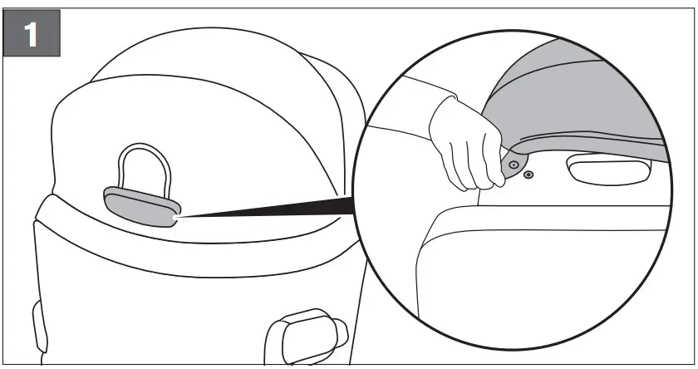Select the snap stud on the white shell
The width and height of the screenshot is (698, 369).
(529, 175)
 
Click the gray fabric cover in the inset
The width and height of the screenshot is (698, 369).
(582, 91)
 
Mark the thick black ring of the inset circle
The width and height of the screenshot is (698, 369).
(357, 208)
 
